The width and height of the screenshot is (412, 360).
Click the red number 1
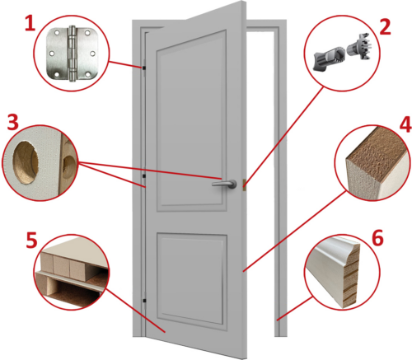tap(30, 24)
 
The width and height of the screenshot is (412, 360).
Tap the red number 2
tap(385, 27)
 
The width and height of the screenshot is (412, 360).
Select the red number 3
tap(12, 123)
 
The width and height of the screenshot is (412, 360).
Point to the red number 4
tap(405, 124)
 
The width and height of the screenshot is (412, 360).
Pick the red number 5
tap(31, 241)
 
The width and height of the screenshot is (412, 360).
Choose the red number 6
tap(377, 238)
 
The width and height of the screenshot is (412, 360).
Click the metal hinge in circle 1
tap(72, 54)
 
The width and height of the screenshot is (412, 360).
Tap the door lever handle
tap(224, 183)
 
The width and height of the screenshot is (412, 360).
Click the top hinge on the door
tap(144, 68)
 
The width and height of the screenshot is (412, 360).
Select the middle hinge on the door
tap(144, 175)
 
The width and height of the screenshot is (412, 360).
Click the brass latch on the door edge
tap(244, 184)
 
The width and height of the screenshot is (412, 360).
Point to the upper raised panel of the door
tap(191, 121)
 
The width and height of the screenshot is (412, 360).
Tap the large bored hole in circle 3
tap(26, 162)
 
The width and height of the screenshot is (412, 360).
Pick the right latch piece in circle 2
tap(359, 46)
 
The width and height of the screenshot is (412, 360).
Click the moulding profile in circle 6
tap(336, 272)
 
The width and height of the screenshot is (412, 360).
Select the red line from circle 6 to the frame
tap(294, 308)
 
